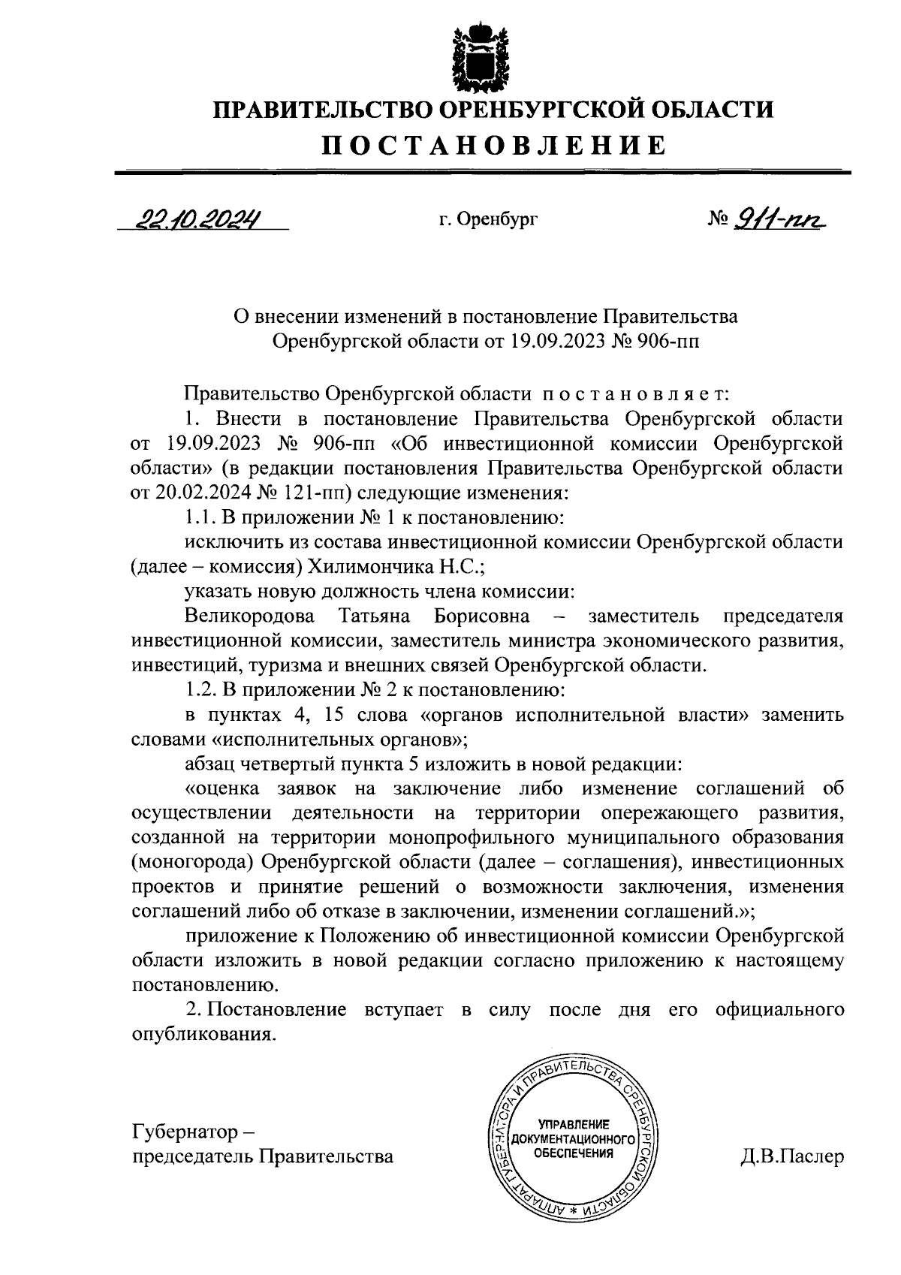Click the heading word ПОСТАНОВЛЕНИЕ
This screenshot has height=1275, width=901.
point(494,145)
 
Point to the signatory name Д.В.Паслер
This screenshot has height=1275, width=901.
point(791,1156)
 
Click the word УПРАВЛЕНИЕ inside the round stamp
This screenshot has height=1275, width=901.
point(573,1124)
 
